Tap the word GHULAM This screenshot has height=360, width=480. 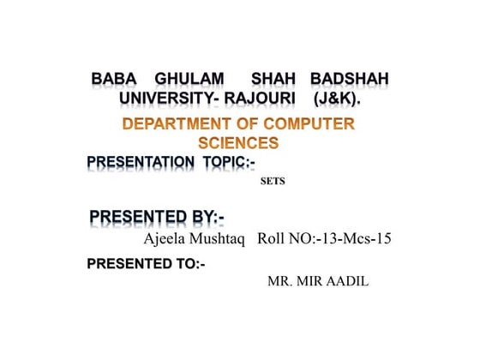pyautogui.click(x=183, y=80)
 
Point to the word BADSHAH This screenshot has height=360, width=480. pyautogui.click(x=349, y=80)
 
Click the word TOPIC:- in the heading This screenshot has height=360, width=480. pyautogui.click(x=229, y=161)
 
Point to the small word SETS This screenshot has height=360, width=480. pyautogui.click(x=273, y=182)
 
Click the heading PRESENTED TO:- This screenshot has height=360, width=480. pyautogui.click(x=146, y=264)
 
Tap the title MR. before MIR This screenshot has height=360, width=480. pyautogui.click(x=280, y=280)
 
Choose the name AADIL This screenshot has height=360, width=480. pyautogui.click(x=348, y=280)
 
